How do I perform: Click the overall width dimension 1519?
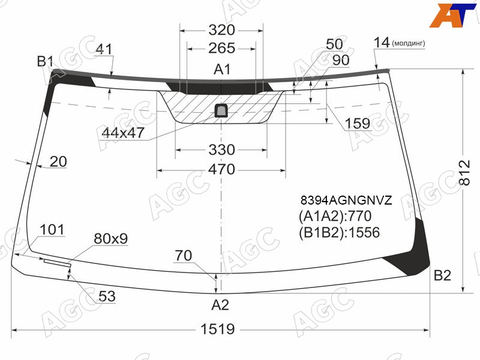(x=217, y=329)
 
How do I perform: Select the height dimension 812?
(x=464, y=173)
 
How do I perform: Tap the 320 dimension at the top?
(x=221, y=30)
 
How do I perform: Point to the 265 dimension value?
(x=221, y=48)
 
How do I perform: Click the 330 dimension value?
(x=221, y=149)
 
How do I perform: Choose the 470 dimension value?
(x=221, y=169)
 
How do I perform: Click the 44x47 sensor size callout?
(x=123, y=133)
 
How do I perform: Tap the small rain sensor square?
(x=221, y=110)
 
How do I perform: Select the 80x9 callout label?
(x=111, y=238)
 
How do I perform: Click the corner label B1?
(x=46, y=62)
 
